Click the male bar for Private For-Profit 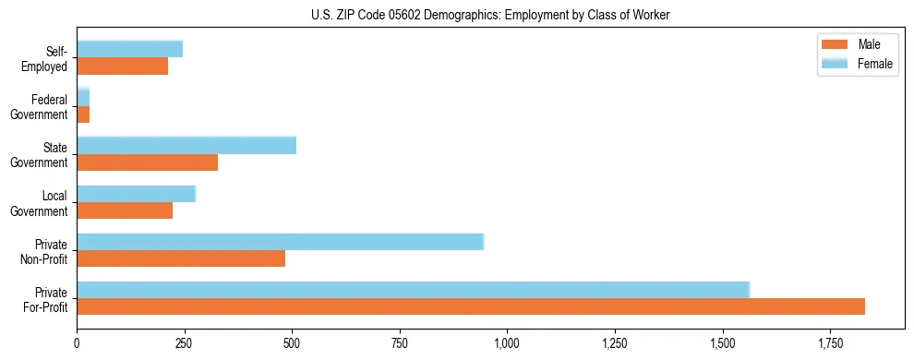click(x=471, y=306)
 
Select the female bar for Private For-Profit click(x=413, y=290)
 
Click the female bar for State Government click(x=186, y=146)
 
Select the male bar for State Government click(x=147, y=162)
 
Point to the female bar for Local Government click(x=137, y=194)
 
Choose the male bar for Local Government click(x=125, y=210)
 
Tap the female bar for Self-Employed click(x=129, y=49)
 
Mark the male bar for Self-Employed click(x=122, y=66)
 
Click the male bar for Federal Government click(x=83, y=114)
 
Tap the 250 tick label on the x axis click(x=185, y=343)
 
